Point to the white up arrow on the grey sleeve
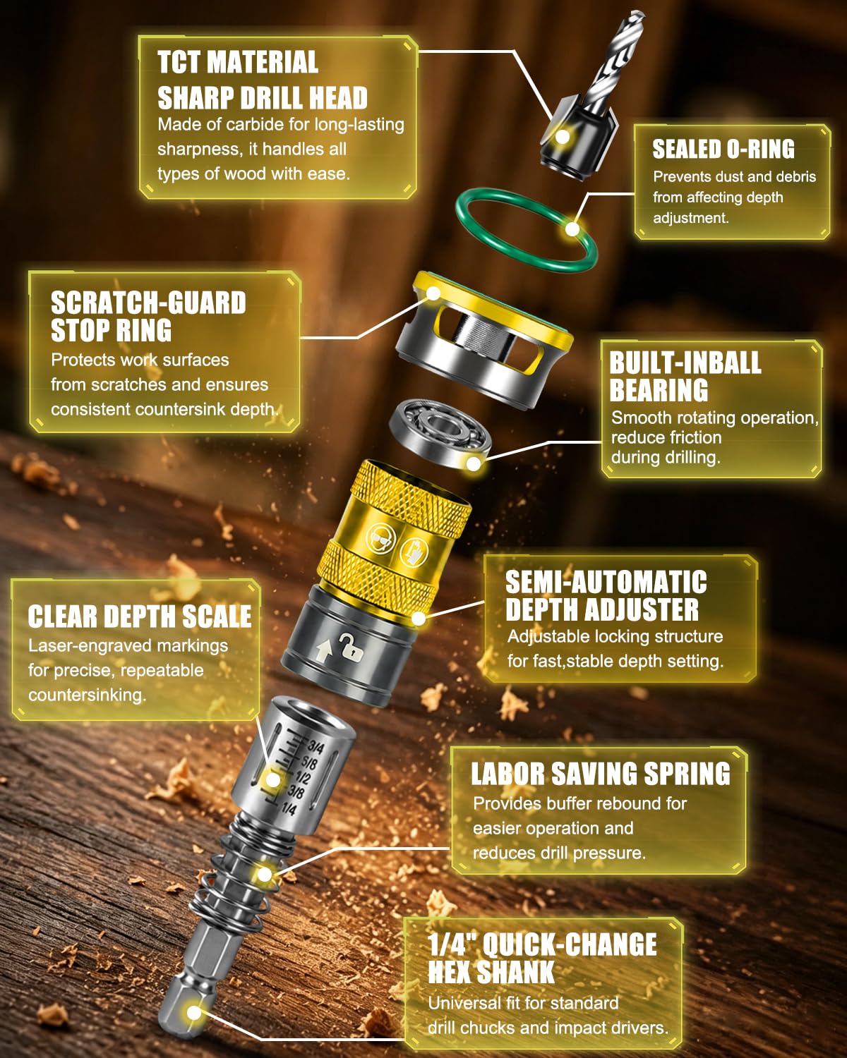tap(323, 651)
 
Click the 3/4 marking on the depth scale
tap(316, 748)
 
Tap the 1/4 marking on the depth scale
tap(289, 808)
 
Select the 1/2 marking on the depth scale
tap(303, 778)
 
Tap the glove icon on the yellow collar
tap(414, 551)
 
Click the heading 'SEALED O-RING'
tap(723, 149)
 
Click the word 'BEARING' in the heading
tap(659, 390)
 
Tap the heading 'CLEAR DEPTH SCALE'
tap(140, 616)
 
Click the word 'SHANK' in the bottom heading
tap(516, 972)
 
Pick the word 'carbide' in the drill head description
tap(255, 125)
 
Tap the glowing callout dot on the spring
tap(264, 875)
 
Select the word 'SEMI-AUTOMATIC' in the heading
tap(606, 582)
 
